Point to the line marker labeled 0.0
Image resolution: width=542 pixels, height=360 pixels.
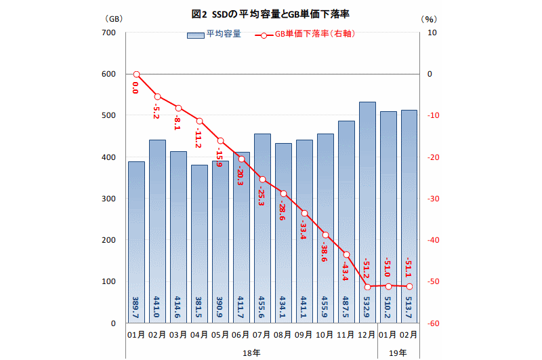point(136,75)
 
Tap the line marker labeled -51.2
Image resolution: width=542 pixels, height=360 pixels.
point(367,287)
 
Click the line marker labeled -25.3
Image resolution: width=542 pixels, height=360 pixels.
point(262,180)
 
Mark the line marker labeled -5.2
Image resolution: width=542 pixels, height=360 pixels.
point(157,96)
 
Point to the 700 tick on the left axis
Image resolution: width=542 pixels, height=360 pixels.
point(108,33)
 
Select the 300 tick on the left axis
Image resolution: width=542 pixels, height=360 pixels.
point(108,199)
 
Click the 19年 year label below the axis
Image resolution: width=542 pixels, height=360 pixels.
point(399,353)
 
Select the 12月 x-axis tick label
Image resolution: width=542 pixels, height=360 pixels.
point(367,335)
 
